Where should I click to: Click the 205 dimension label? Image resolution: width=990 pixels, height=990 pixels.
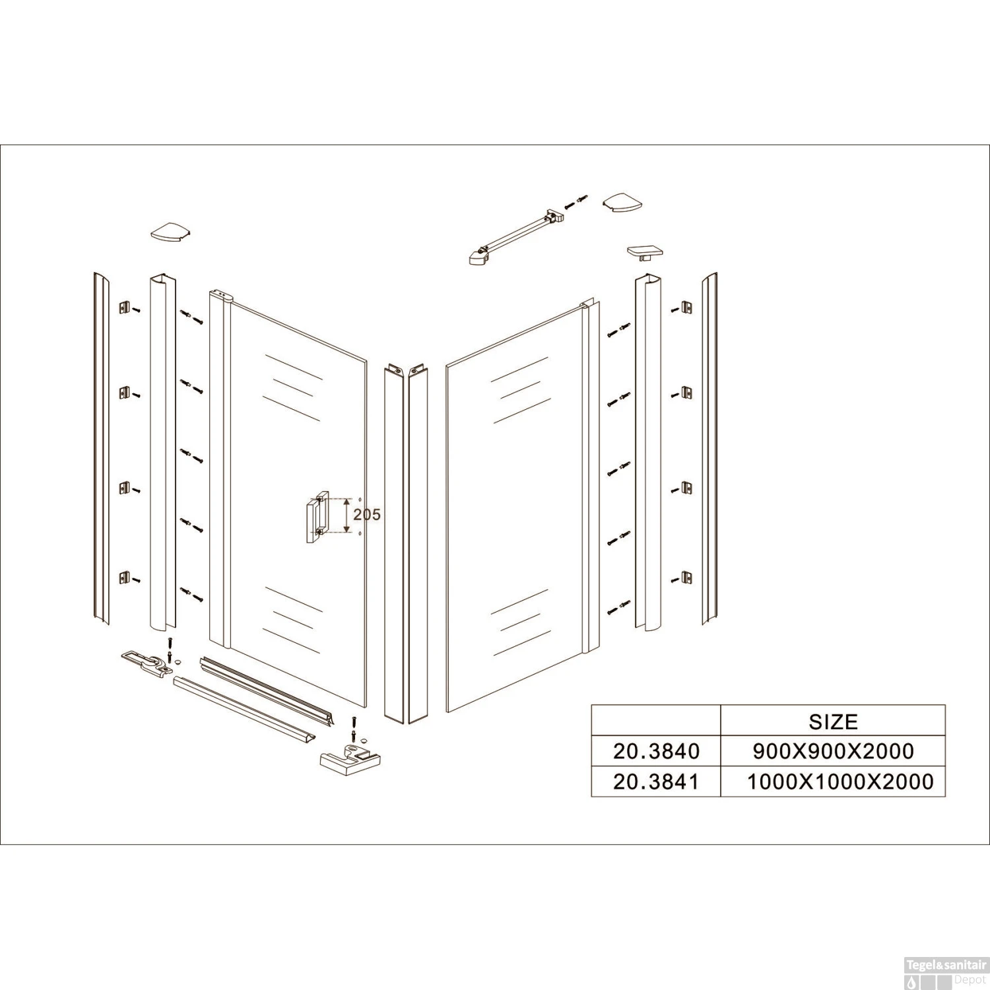[x=367, y=514]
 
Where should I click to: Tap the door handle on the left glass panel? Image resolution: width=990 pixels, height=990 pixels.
[x=317, y=517]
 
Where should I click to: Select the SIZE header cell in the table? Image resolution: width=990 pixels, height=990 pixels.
[x=833, y=721]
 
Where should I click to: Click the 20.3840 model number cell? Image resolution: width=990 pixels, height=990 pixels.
[x=656, y=751]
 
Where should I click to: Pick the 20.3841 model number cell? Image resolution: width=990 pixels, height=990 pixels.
[x=656, y=782]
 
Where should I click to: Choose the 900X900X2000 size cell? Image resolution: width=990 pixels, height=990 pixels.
[x=833, y=751]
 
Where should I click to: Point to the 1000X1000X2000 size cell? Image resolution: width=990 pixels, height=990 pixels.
[x=840, y=782]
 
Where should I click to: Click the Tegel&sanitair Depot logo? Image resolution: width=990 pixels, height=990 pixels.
[x=946, y=972]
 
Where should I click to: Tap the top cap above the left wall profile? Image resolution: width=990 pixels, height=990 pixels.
[x=170, y=232]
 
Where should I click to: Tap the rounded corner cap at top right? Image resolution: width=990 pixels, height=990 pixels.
[x=622, y=203]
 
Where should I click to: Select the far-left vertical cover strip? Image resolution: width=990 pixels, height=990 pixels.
[x=102, y=449]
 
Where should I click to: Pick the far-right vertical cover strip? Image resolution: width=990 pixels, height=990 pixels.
[x=709, y=449]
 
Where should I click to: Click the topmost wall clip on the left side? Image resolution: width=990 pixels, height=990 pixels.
[x=125, y=308]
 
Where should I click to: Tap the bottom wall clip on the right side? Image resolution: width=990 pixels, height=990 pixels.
[x=686, y=578]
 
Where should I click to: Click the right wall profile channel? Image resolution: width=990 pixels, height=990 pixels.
[x=648, y=451]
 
